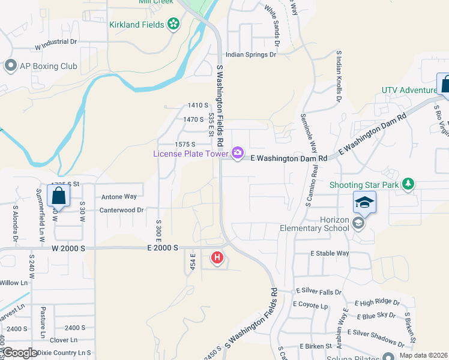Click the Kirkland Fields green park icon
(x=173, y=24)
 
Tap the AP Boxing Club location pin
(x=10, y=66)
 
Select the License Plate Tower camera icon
(x=238, y=152)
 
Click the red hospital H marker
(x=217, y=259)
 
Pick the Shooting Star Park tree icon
(x=408, y=184)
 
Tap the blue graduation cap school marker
(x=364, y=203)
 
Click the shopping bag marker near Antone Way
(x=58, y=195)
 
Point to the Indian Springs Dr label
(x=251, y=55)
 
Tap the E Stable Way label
(x=330, y=253)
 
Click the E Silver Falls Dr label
(x=319, y=292)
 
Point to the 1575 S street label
(x=185, y=145)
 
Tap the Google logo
(x=19, y=353)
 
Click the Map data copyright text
(x=424, y=355)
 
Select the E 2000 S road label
(x=161, y=247)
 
